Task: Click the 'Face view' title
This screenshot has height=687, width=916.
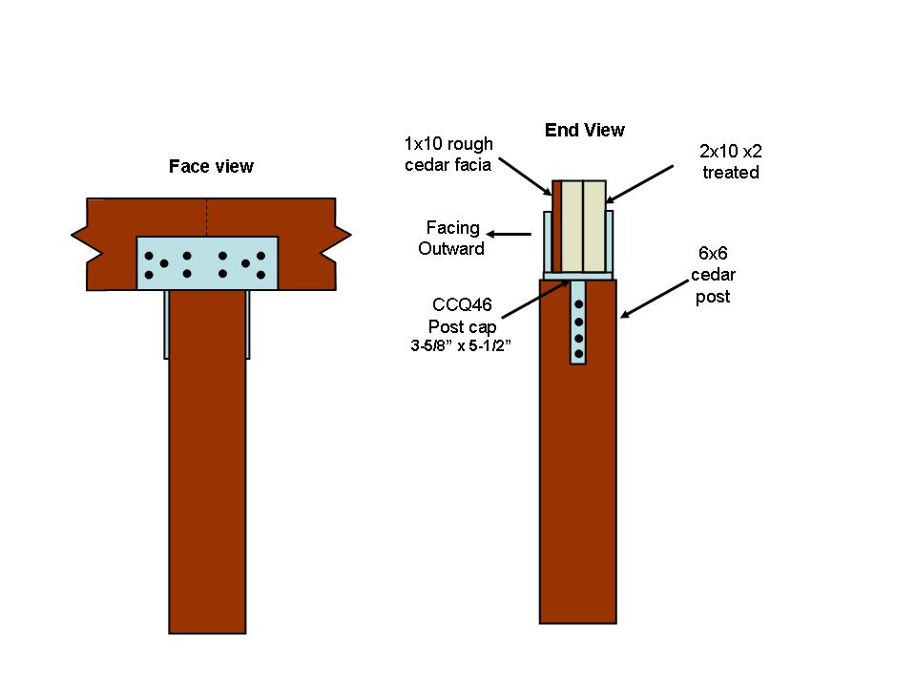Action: pos(211,167)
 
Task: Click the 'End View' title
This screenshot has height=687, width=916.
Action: pos(584,130)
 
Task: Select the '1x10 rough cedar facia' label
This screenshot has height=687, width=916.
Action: pos(448,155)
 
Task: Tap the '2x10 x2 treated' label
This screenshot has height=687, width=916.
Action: pos(730,161)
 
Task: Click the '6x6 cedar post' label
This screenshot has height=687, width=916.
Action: pos(713,277)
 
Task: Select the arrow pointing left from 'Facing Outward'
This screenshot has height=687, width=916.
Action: pos(510,234)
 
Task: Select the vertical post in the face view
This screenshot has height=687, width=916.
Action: pos(207,477)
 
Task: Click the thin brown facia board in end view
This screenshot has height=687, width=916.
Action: pos(556,224)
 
